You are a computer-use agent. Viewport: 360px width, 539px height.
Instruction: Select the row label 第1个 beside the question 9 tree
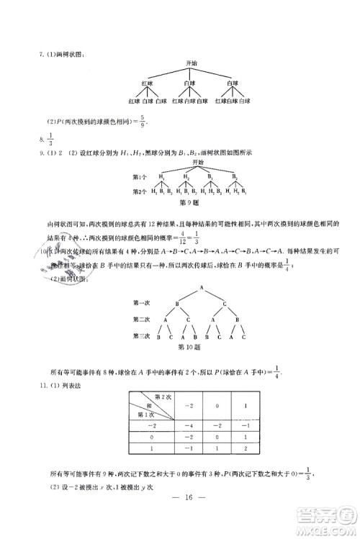click(140, 177)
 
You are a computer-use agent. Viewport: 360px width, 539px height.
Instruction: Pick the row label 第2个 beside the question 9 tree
click(140, 191)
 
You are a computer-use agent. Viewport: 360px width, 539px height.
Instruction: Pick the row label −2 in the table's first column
click(146, 426)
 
